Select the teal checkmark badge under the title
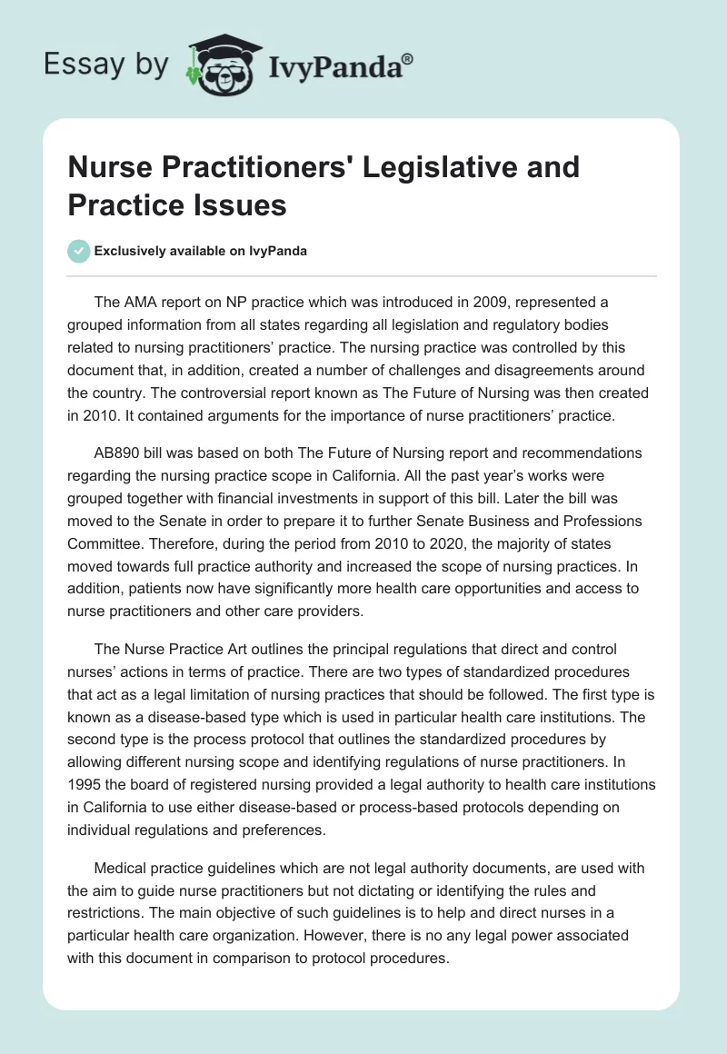(79, 251)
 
